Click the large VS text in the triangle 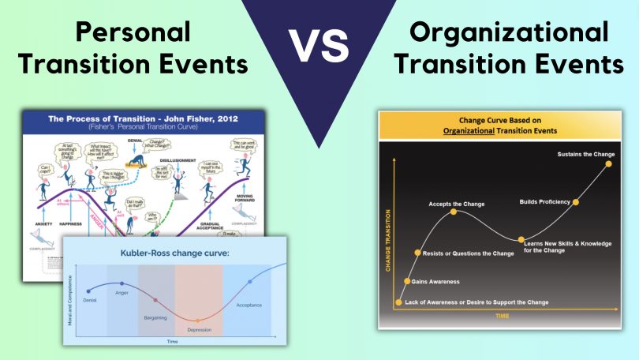click(x=320, y=50)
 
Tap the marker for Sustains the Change click(x=607, y=163)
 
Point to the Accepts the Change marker click(x=454, y=212)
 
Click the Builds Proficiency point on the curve click(x=575, y=202)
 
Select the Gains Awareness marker click(x=407, y=281)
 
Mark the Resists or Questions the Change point click(x=417, y=253)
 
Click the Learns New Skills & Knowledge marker click(x=521, y=239)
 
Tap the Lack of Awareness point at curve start click(x=399, y=302)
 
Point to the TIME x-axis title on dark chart click(x=502, y=316)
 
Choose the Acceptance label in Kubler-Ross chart click(x=251, y=304)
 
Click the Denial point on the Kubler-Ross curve click(x=88, y=291)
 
